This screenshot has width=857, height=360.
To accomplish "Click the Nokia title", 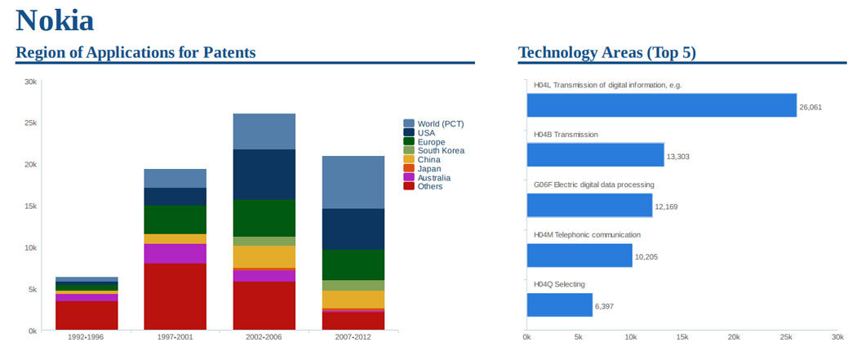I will pyautogui.click(x=55, y=20).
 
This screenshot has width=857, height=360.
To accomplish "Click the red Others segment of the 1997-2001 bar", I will pyautogui.click(x=175, y=296).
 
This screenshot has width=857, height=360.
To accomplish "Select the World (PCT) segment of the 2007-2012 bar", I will pyautogui.click(x=353, y=182).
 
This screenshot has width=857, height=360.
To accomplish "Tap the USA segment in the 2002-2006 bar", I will pyautogui.click(x=264, y=174).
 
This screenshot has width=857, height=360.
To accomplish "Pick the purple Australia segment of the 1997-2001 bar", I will pyautogui.click(x=175, y=253).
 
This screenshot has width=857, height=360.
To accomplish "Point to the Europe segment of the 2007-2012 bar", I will pyautogui.click(x=353, y=264).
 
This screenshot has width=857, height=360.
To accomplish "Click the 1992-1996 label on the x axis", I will pyautogui.click(x=87, y=337).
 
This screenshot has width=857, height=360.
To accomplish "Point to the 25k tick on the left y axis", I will pyautogui.click(x=29, y=123).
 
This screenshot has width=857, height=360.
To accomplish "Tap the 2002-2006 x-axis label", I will pyautogui.click(x=264, y=337).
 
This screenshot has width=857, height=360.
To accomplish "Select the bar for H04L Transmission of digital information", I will pyautogui.click(x=661, y=105).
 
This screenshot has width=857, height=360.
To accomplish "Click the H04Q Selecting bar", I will pyautogui.click(x=559, y=305).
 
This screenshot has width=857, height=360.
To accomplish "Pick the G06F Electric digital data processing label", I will pyautogui.click(x=593, y=184).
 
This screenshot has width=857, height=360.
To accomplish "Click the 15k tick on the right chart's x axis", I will pyautogui.click(x=682, y=337).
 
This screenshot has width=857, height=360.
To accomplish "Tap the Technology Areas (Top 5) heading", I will pyautogui.click(x=606, y=53).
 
